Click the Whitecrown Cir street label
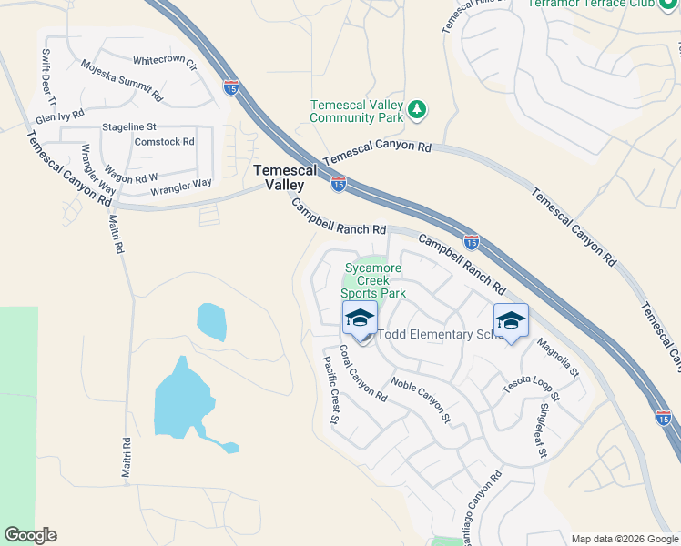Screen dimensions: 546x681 pyautogui.click(x=165, y=62)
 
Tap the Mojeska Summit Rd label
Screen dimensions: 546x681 pyautogui.click(x=121, y=80)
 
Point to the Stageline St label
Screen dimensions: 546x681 pyautogui.click(x=129, y=126)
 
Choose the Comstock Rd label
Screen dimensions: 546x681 pyautogui.click(x=164, y=142)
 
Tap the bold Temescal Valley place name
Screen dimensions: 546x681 pyautogui.click(x=285, y=177)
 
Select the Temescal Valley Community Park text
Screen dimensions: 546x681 pyautogui.click(x=356, y=111)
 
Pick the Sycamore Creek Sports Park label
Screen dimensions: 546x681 pyautogui.click(x=373, y=280)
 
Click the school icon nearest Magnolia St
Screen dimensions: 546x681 pyautogui.click(x=512, y=320)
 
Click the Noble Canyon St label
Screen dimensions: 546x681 pyautogui.click(x=422, y=400)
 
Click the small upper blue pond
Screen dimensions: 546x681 pyautogui.click(x=211, y=320)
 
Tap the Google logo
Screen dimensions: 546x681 pyautogui.click(x=30, y=535)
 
